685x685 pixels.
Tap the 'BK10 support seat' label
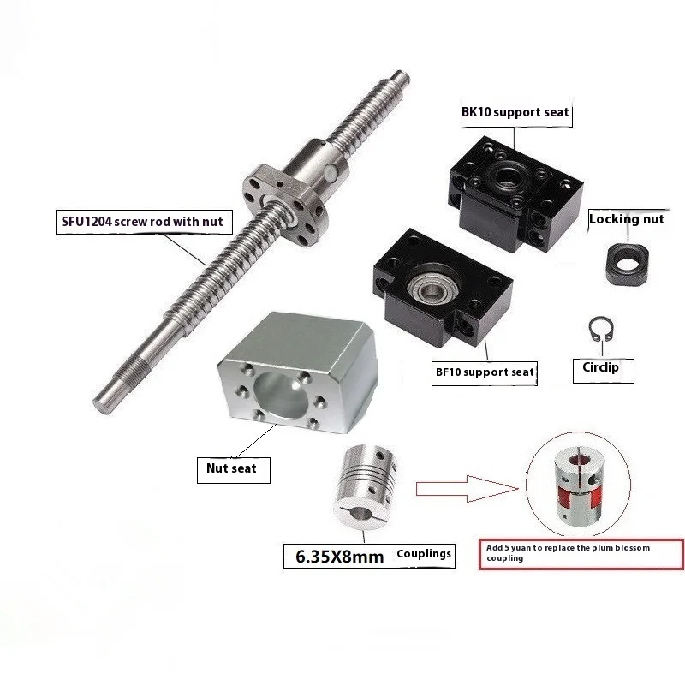click(x=515, y=112)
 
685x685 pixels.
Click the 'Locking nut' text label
click(x=626, y=219)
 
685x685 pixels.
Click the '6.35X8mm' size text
click(x=335, y=556)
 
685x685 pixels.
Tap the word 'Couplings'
click(x=423, y=554)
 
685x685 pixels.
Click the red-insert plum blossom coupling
click(x=578, y=488)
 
